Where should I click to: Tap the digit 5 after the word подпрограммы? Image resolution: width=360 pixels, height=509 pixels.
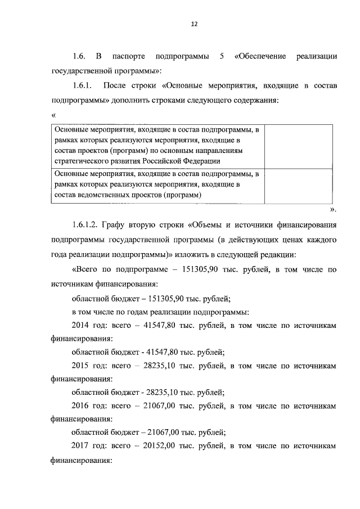[217, 57]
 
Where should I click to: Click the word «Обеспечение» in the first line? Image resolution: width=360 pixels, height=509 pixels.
[262, 57]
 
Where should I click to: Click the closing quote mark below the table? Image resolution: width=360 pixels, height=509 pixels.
[332, 209]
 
